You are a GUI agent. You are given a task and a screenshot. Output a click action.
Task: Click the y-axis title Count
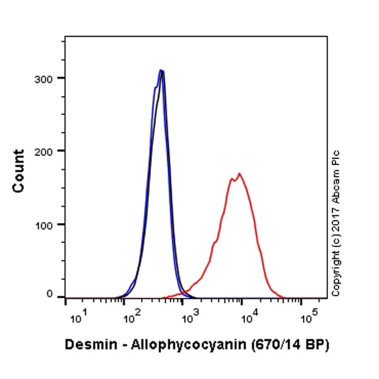(18, 171)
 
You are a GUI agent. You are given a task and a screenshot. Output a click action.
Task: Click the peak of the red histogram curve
(239, 173)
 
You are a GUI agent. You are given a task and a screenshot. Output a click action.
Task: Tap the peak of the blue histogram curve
(161, 70)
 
